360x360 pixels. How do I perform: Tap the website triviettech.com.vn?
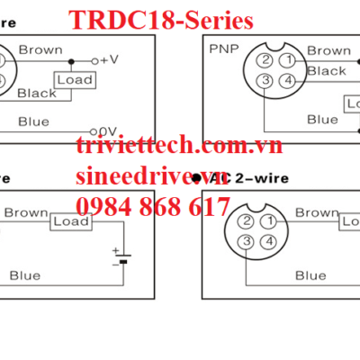(179, 146)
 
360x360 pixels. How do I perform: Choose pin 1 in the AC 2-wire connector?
(266, 221)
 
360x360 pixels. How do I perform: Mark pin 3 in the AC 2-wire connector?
(245, 242)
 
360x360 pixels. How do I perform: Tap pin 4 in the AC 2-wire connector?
(266, 242)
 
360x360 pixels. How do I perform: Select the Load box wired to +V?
(73, 80)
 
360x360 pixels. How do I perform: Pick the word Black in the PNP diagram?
(326, 71)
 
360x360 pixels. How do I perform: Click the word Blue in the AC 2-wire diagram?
(310, 275)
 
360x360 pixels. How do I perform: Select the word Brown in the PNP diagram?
(328, 51)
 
